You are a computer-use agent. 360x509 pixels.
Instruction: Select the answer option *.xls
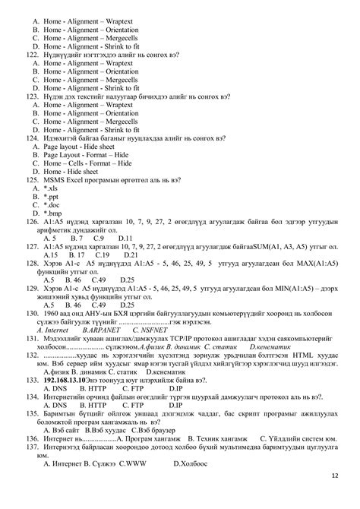pos(52,187)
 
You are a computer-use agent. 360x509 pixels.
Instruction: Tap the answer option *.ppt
pos(52,196)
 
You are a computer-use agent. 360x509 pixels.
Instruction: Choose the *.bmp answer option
pos(54,213)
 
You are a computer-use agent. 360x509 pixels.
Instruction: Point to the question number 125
pos(32,179)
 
